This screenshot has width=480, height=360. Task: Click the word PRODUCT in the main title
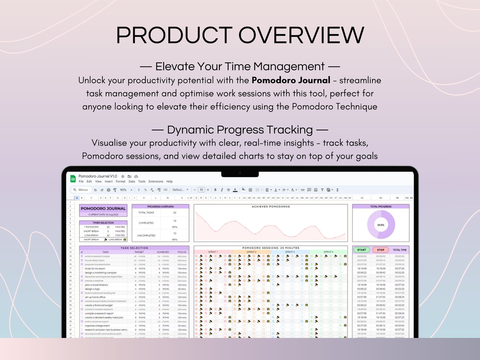point(174,35)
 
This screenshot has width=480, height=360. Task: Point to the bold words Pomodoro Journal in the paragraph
point(291,80)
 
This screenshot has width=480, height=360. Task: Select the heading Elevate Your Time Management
point(240,66)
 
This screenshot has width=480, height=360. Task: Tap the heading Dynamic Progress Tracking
point(240,130)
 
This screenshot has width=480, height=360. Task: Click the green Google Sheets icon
point(73,179)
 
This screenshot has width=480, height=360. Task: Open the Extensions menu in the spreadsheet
point(156,182)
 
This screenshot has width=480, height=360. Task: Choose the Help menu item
point(170,182)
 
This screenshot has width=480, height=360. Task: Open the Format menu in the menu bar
point(120,182)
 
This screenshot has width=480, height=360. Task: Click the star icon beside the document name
point(123,176)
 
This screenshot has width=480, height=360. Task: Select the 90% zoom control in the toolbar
point(123,190)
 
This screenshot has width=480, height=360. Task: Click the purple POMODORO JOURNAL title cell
point(103,209)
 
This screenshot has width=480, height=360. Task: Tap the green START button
point(362,250)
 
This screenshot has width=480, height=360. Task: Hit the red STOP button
point(381,250)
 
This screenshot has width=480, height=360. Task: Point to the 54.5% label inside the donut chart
point(381,225)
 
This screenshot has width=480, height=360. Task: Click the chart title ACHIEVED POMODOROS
point(271,207)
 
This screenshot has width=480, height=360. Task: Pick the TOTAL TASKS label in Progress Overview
point(146,213)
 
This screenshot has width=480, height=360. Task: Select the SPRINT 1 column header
point(213,252)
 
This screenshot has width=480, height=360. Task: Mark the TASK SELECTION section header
point(134,248)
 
